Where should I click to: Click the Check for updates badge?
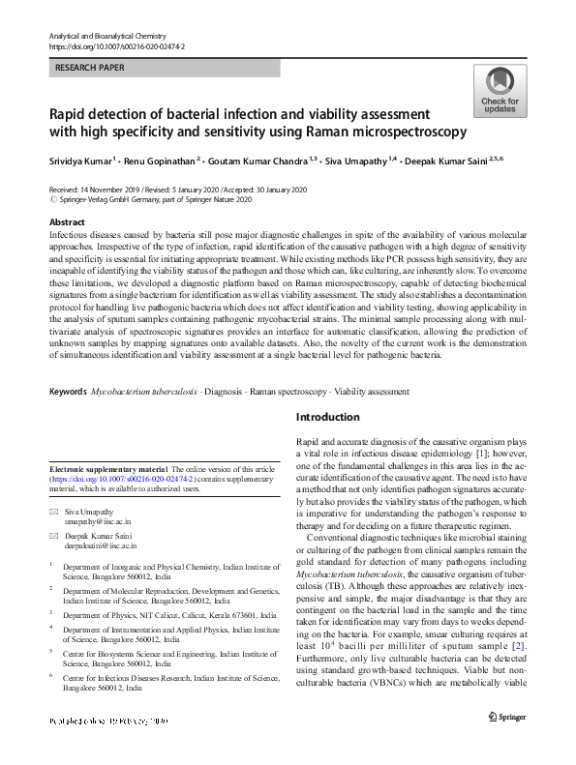pos(500,92)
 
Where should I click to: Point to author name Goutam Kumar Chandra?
pos(256,160)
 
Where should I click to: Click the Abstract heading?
pos(67,222)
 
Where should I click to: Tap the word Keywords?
pos(67,392)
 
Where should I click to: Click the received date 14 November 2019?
pos(115,190)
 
